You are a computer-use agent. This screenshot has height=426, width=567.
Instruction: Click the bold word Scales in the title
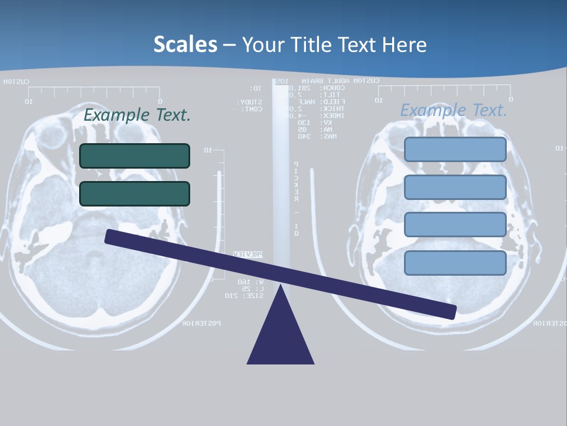click(x=185, y=44)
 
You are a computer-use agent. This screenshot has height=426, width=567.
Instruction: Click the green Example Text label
click(x=137, y=115)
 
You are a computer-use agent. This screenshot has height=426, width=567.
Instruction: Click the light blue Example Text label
click(x=454, y=110)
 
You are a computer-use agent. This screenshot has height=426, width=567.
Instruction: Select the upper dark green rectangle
click(x=135, y=156)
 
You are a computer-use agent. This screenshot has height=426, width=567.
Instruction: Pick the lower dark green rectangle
click(x=135, y=193)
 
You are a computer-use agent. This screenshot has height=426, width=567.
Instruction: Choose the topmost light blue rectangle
click(x=455, y=150)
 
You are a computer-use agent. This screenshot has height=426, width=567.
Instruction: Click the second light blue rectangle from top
click(x=455, y=187)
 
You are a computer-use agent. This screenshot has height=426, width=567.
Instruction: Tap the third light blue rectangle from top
click(x=455, y=225)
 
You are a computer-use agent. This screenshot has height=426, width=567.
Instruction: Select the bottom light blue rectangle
click(x=455, y=263)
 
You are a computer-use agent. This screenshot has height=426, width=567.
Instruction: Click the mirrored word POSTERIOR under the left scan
click(x=201, y=323)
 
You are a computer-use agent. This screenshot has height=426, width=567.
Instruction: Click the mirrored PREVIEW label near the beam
click(x=247, y=254)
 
